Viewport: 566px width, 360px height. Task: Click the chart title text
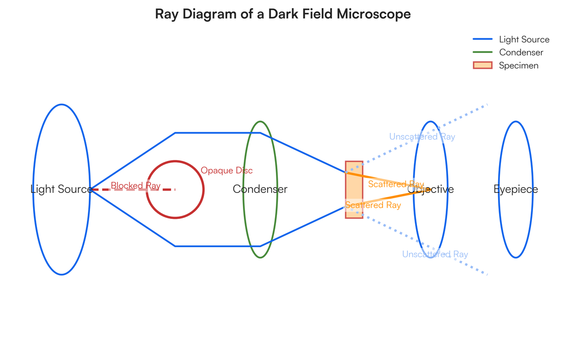[x=283, y=14]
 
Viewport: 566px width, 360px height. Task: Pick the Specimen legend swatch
[x=483, y=66]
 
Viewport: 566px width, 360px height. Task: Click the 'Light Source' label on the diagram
[x=61, y=189]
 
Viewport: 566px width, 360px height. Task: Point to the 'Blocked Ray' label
[x=135, y=185]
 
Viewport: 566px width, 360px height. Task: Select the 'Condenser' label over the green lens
[x=260, y=189]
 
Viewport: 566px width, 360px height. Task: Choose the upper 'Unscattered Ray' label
[x=422, y=137]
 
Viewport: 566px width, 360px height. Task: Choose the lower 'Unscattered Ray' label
[x=435, y=254]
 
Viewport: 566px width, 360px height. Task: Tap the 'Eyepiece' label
[x=516, y=189]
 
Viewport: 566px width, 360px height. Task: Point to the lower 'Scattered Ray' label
[x=373, y=205]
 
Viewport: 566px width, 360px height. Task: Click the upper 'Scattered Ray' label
[x=396, y=184]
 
